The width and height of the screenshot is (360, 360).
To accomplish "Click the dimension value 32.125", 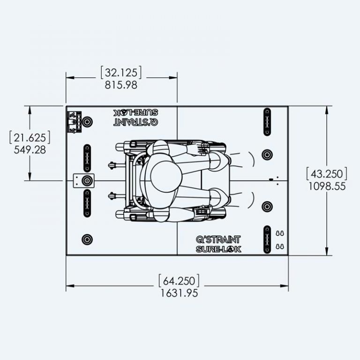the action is (x=121, y=73).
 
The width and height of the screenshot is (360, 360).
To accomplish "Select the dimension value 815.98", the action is (x=121, y=85).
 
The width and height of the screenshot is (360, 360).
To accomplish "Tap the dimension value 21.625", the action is (x=30, y=138).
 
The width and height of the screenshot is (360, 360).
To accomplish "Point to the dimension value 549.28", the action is (x=30, y=150).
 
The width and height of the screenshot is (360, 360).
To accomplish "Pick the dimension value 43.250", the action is (x=327, y=174).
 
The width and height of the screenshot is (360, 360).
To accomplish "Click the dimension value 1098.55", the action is (x=327, y=186).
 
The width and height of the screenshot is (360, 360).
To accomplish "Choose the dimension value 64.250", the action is (x=179, y=281).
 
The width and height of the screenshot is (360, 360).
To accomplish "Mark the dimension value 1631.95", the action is (x=179, y=293).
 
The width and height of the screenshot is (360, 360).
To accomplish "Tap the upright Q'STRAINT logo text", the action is (x=218, y=240).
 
